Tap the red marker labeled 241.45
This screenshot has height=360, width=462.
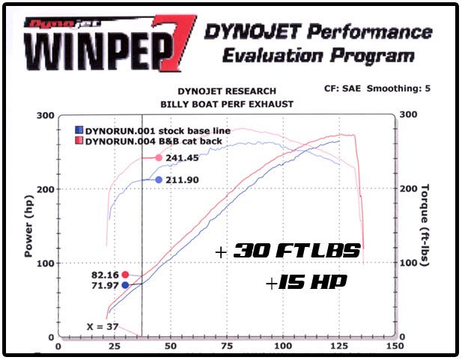coord(159,158)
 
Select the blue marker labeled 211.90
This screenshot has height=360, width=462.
coord(159,180)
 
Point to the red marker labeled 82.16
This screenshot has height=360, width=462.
coord(125,275)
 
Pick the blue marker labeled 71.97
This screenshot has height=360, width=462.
coord(125,284)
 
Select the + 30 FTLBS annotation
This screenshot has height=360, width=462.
coord(288,252)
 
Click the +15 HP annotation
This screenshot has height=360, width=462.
coord(307,284)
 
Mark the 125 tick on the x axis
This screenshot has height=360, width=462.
coord(339,347)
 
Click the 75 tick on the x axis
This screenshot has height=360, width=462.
coord(227,347)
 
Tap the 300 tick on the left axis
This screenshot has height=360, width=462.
coord(47,115)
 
